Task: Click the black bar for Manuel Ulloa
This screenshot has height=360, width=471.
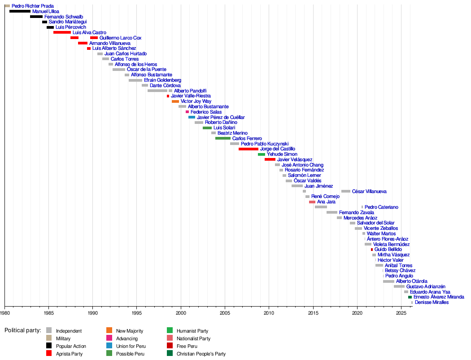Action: tap(20, 11)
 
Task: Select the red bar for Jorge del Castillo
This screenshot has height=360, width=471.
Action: tap(249, 149)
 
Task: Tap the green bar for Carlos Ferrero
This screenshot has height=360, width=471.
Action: tap(223, 138)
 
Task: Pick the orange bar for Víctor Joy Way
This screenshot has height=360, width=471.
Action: tap(175, 101)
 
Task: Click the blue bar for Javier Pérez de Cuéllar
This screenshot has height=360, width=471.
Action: tap(192, 117)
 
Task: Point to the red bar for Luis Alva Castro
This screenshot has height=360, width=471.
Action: tap(62, 32)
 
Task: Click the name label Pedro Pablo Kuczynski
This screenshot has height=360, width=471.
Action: tap(264, 144)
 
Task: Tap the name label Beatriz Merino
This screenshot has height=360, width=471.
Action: tap(232, 133)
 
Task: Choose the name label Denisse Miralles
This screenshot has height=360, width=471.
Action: tap(432, 303)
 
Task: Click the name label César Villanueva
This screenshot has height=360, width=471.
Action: tap(369, 191)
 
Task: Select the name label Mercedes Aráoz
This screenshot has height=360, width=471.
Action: tap(360, 218)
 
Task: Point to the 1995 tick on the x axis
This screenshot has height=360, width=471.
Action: tap(137, 305)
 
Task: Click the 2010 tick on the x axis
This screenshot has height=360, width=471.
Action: tap(269, 305)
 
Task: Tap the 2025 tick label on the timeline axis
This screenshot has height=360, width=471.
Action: tap(401, 312)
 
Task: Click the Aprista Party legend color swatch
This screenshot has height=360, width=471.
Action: tap(49, 354)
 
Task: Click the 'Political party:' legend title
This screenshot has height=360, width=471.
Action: tap(22, 330)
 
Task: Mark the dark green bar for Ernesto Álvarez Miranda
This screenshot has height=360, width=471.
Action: tap(410, 297)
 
